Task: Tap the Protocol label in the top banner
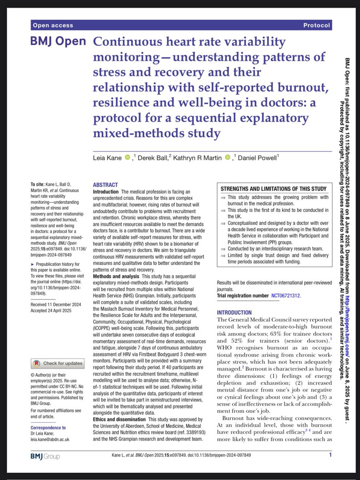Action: [x=317, y=26]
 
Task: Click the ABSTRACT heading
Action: [x=105, y=185]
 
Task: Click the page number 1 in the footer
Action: [x=330, y=455]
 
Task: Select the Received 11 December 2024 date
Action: [x=56, y=305]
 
